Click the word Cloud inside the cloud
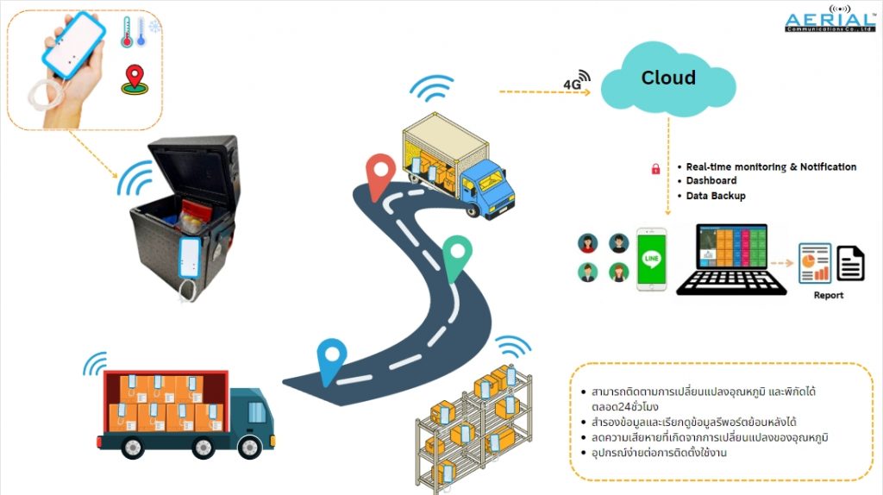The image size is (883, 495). pyautogui.click(x=668, y=77)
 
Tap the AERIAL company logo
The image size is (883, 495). pyautogui.click(x=830, y=19)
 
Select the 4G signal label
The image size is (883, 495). pyautogui.click(x=572, y=85)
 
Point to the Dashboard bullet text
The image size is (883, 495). pyautogui.click(x=711, y=181)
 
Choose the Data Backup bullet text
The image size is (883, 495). pyautogui.click(x=716, y=196)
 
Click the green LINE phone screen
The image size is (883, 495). pyautogui.click(x=652, y=259)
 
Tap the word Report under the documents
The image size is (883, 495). pyautogui.click(x=829, y=295)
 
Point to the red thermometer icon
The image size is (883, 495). pyautogui.click(x=127, y=32)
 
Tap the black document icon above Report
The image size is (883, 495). pyautogui.click(x=850, y=263)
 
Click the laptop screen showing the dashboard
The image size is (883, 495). pyautogui.click(x=732, y=247)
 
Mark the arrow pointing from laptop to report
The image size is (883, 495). pyautogui.click(x=781, y=263)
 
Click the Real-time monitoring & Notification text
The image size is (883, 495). pyautogui.click(x=771, y=166)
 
